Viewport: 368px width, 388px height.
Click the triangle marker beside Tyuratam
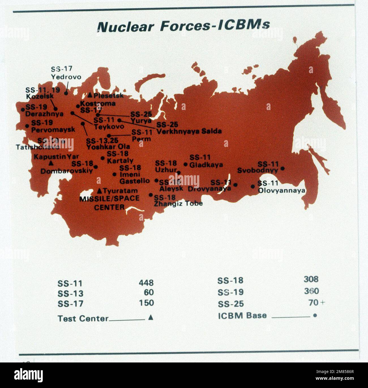[99, 190]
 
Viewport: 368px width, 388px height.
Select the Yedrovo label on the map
[66, 77]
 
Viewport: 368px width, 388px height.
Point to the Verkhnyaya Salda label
[189, 131]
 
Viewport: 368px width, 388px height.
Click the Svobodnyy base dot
[282, 168]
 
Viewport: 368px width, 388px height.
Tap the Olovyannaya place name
[281, 190]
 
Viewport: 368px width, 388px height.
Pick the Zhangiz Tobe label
[178, 203]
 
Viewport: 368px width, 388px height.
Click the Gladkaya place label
[206, 165]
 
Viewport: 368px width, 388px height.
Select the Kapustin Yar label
[56, 156]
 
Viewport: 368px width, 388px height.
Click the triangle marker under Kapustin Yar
[51, 163]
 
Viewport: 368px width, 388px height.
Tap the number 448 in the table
[146, 282]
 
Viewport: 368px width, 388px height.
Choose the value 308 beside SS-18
[311, 279]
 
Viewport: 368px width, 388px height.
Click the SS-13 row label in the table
[70, 293]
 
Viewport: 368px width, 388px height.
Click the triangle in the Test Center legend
[151, 317]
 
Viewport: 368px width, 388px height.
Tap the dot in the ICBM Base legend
[315, 315]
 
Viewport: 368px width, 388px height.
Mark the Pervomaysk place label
[53, 130]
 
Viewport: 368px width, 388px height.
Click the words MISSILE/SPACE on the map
[109, 198]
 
